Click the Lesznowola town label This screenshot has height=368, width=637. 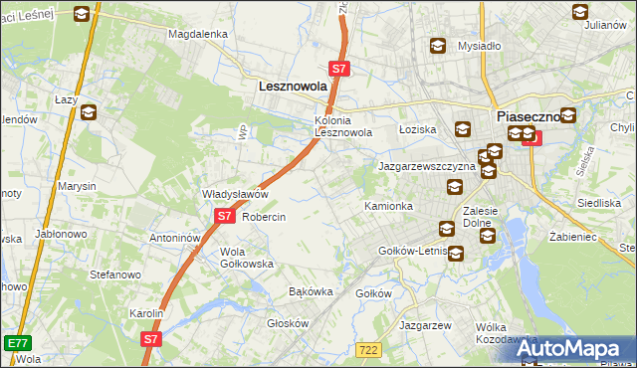pos(293,87)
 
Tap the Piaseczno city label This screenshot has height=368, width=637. pos(527,116)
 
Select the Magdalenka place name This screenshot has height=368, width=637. pos(198,33)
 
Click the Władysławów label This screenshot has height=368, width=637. pos(236,194)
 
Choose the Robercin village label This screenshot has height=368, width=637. pos(264,217)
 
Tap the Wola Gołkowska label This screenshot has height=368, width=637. pos(247,258)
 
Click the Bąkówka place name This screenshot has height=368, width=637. pos(309,291)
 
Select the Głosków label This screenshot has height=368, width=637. pos(289,323)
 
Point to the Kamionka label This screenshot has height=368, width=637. pos(388,206)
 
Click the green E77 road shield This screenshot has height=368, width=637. pos(15,343)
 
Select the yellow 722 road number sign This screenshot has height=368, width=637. pos(369,349)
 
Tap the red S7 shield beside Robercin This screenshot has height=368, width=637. pos(223,216)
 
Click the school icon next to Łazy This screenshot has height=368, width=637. pos(88,112)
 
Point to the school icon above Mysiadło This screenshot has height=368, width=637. pos(437,46)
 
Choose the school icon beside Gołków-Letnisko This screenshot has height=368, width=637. pos(455,254)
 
